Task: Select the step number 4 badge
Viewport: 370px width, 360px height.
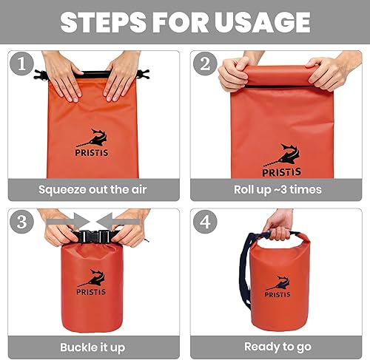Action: coord(205,222)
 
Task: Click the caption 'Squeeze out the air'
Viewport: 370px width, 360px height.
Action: coord(92,189)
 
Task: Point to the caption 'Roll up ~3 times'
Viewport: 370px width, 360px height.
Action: coord(277,189)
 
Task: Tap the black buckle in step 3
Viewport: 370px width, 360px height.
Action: coord(92,237)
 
